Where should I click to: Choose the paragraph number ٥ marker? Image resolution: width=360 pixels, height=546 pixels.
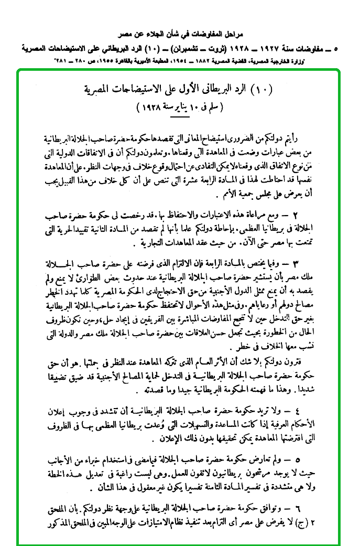(x=311, y=458)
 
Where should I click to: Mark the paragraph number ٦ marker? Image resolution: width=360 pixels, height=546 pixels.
(x=311, y=508)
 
